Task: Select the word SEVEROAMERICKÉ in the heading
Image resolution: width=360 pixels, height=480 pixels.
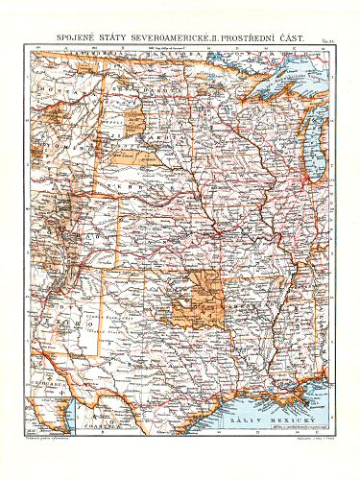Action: (179, 35)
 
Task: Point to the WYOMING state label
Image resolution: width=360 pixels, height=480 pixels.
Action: (58, 154)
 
